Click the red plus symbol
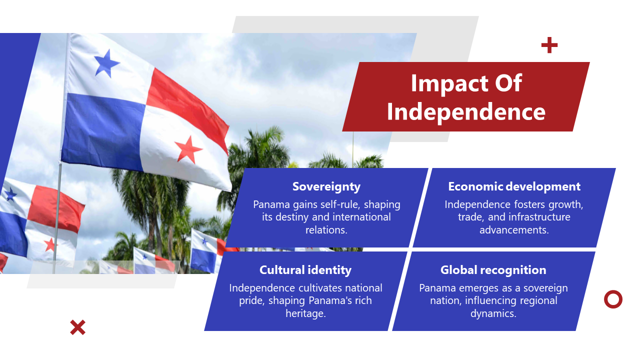(x=549, y=45)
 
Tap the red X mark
(x=77, y=327)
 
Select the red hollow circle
(x=613, y=299)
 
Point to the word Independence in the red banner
(x=466, y=112)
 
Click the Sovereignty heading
(x=326, y=186)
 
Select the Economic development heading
(x=514, y=186)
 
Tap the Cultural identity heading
(x=305, y=270)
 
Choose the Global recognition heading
(x=493, y=270)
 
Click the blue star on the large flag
(x=106, y=63)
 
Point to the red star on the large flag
(x=188, y=149)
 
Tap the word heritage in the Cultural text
(x=305, y=313)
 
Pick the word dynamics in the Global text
(x=493, y=313)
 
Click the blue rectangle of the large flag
(x=103, y=131)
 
